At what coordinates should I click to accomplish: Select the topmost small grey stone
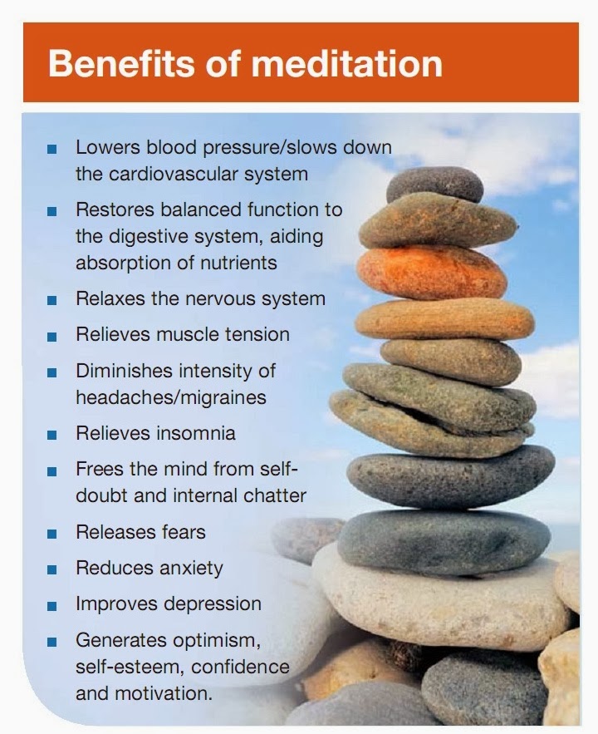tap(434, 185)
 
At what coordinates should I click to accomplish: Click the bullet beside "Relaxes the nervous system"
tap(52, 300)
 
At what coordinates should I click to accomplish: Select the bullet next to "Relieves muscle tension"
tap(52, 336)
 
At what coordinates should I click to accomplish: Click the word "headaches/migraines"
tap(171, 397)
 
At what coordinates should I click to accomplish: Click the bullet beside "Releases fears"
tap(52, 534)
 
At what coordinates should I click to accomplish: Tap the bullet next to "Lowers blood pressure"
tap(52, 149)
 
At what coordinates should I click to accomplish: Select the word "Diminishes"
tap(124, 371)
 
